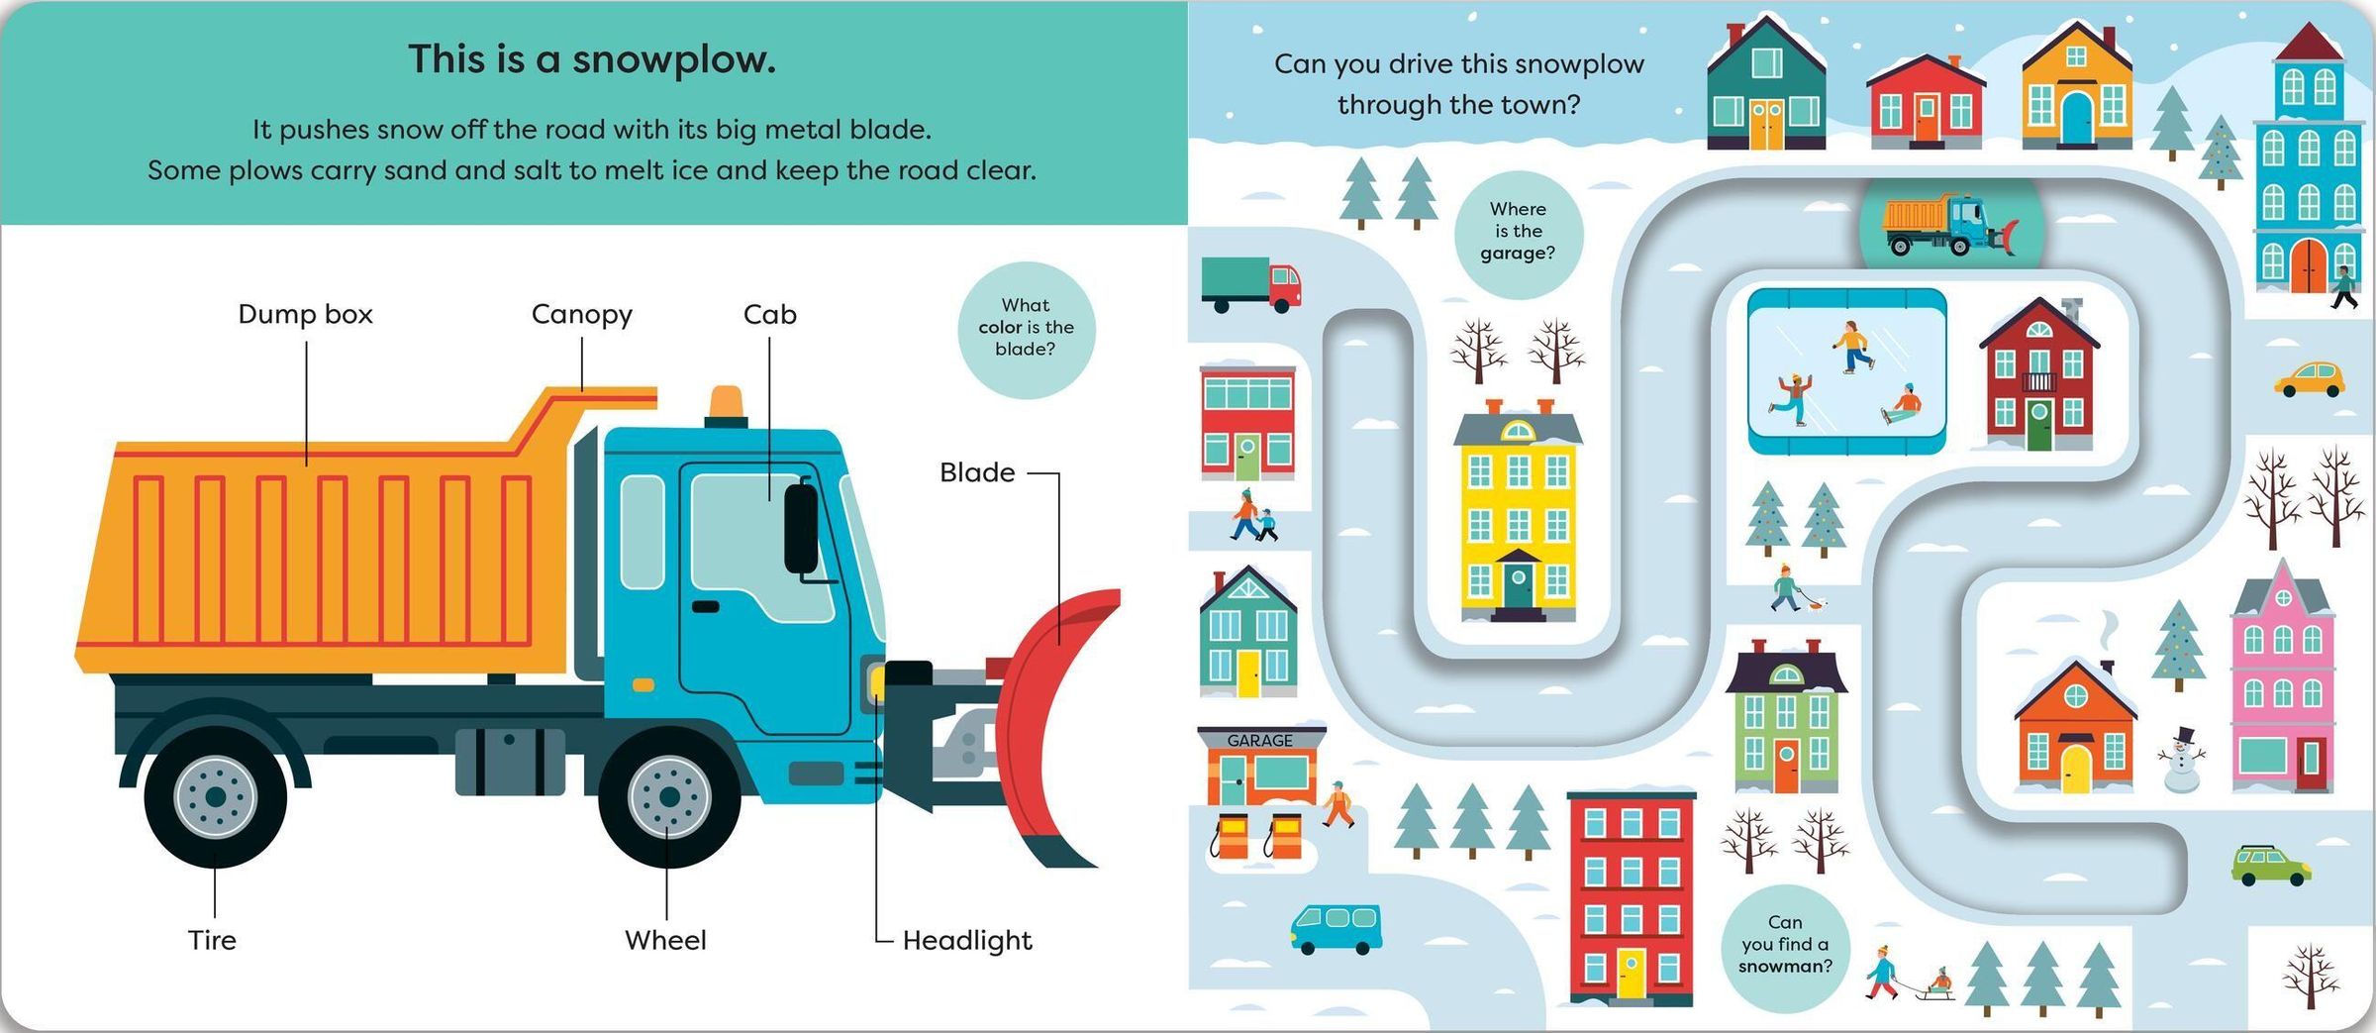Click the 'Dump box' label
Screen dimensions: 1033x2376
click(x=305, y=314)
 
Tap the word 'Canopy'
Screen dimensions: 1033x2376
click(x=581, y=314)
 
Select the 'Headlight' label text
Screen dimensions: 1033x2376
click(x=966, y=940)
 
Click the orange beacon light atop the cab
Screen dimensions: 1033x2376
click(x=727, y=403)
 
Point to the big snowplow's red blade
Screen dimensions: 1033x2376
click(x=1054, y=723)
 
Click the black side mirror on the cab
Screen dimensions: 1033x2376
click(x=801, y=528)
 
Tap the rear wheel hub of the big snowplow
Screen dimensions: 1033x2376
click(x=215, y=797)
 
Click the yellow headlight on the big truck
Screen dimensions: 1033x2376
click(x=876, y=681)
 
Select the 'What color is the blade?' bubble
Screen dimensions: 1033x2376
click(x=1026, y=328)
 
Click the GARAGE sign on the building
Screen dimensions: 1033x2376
click(x=1259, y=740)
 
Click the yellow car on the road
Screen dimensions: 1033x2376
click(x=2309, y=380)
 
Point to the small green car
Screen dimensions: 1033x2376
click(x=2270, y=865)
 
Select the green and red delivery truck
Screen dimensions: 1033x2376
click(x=1250, y=283)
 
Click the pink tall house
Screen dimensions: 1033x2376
click(x=2282, y=683)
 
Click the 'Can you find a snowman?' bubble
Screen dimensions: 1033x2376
click(x=1785, y=945)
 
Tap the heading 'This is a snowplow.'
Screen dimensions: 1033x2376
click(x=592, y=59)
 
